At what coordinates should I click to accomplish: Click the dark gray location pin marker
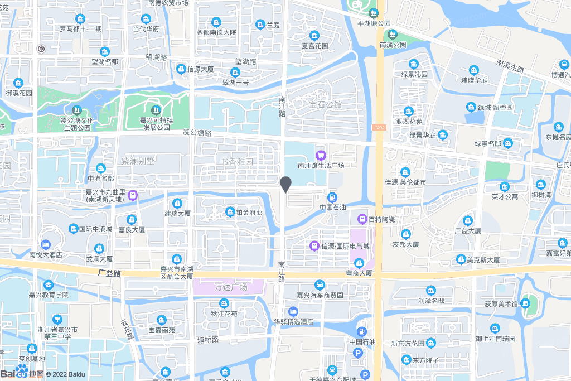point(286,184)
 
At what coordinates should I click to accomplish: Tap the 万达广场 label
point(230,287)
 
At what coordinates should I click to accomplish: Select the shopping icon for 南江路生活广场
point(321,155)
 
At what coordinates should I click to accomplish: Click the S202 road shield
point(379,127)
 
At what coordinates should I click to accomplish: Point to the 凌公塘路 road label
point(197,133)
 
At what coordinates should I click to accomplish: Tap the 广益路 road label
point(109,273)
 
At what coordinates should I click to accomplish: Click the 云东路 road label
point(128,331)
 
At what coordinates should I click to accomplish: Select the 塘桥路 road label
point(208,339)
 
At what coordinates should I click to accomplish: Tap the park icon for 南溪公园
point(392,34)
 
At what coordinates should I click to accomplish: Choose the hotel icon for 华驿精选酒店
point(293,311)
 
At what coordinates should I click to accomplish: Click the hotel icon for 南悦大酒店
point(45,244)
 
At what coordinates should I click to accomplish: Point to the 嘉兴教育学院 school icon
point(49,284)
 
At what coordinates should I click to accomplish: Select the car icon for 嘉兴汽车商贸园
point(320,284)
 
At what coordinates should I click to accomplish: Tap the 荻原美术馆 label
point(501,304)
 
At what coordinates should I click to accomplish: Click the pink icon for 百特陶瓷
point(362,219)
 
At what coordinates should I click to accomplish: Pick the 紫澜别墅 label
point(138,161)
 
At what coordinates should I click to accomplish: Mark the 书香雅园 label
point(237,162)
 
